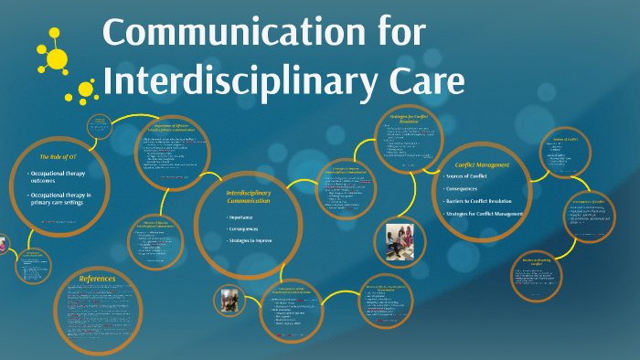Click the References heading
(x=98, y=279)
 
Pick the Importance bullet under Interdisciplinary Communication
(x=241, y=217)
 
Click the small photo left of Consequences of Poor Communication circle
(x=229, y=301)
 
